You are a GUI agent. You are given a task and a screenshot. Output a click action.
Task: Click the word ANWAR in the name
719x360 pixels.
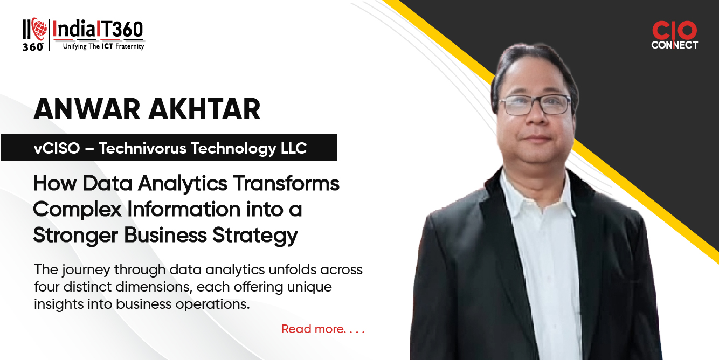pos(87,109)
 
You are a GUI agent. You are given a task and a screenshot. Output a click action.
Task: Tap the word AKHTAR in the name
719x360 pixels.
pos(204,109)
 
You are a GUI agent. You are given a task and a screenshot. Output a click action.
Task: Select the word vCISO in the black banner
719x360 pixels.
pos(57,148)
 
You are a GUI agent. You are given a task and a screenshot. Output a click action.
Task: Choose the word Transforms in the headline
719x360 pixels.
pos(286,183)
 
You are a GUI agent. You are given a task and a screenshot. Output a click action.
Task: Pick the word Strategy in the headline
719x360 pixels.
pos(255,236)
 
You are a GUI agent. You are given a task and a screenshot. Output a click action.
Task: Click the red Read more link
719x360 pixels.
pos(323,329)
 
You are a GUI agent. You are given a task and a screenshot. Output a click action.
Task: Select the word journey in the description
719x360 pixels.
pos(86,270)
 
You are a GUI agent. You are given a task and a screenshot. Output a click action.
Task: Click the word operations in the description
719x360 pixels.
pos(212,304)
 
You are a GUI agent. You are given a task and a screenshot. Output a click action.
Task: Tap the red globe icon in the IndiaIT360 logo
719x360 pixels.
pos(39,29)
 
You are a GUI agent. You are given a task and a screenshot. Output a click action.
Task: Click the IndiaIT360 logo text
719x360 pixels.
pos(98,30)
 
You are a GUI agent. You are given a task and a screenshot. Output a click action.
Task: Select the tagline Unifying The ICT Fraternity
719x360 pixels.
pos(103,46)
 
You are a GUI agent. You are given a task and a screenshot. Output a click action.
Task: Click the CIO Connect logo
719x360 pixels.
pos(674,35)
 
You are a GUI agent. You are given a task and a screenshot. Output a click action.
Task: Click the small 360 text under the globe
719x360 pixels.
pos(33,47)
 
